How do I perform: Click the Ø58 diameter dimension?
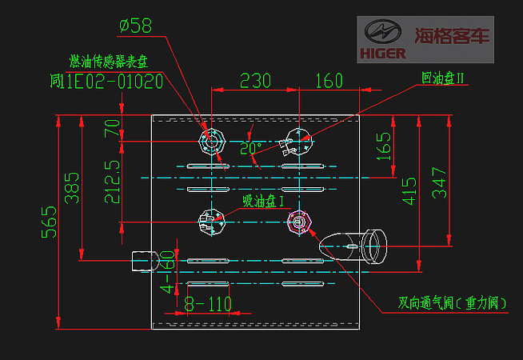pos(135,26)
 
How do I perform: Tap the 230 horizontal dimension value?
pos(255,81)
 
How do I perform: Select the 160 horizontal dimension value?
pos(328,81)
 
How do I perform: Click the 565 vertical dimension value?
pos(49,222)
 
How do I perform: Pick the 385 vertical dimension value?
pos(73,187)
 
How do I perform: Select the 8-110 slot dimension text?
pos(208,304)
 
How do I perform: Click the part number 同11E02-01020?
pos(106,82)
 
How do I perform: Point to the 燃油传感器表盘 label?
pos(108,61)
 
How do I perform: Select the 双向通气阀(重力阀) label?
pos(453,304)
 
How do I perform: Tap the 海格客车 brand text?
pos(453,36)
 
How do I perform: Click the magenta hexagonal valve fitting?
pos(299,221)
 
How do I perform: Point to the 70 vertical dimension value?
pos(112,128)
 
